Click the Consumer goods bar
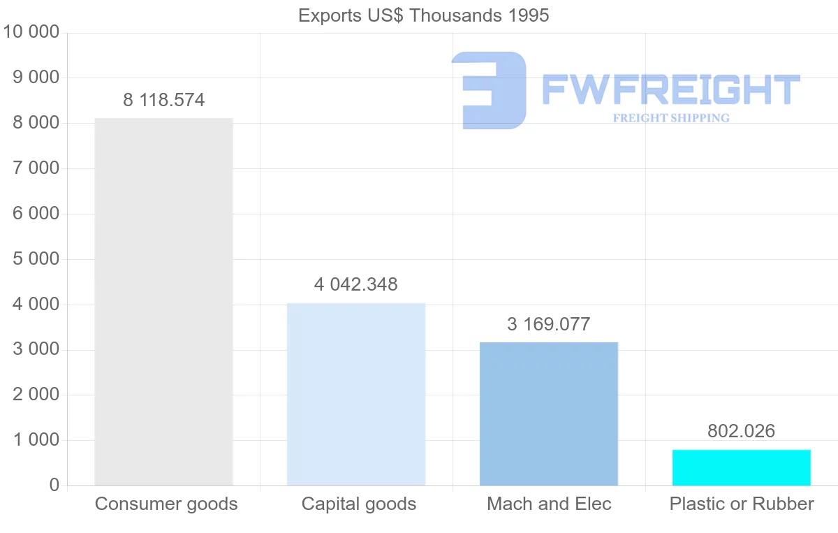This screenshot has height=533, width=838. pos(163,302)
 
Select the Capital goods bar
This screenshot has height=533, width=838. pos(356,394)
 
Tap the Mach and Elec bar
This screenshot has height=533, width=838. pos(549,414)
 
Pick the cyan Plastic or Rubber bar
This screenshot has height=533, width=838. pos(742,467)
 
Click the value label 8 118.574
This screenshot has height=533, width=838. pos(164,101)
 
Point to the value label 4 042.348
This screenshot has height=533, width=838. pos(356,285)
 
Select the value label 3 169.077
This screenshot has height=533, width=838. pos(549,325)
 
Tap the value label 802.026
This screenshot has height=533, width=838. pos(742,432)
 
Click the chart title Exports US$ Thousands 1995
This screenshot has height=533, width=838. pos(424,15)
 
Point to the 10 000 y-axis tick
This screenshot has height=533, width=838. pos(31,32)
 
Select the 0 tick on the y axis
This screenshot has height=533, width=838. pos(54,485)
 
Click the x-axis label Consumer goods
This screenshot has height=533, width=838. pos(166,504)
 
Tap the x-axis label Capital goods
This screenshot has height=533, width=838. pos(359,504)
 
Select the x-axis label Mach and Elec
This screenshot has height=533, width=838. pos(550,504)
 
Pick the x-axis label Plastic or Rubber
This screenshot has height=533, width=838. pos(742,504)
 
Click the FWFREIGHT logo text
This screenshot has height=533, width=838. pos(670,89)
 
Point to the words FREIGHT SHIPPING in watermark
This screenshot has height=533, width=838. pos(671,118)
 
